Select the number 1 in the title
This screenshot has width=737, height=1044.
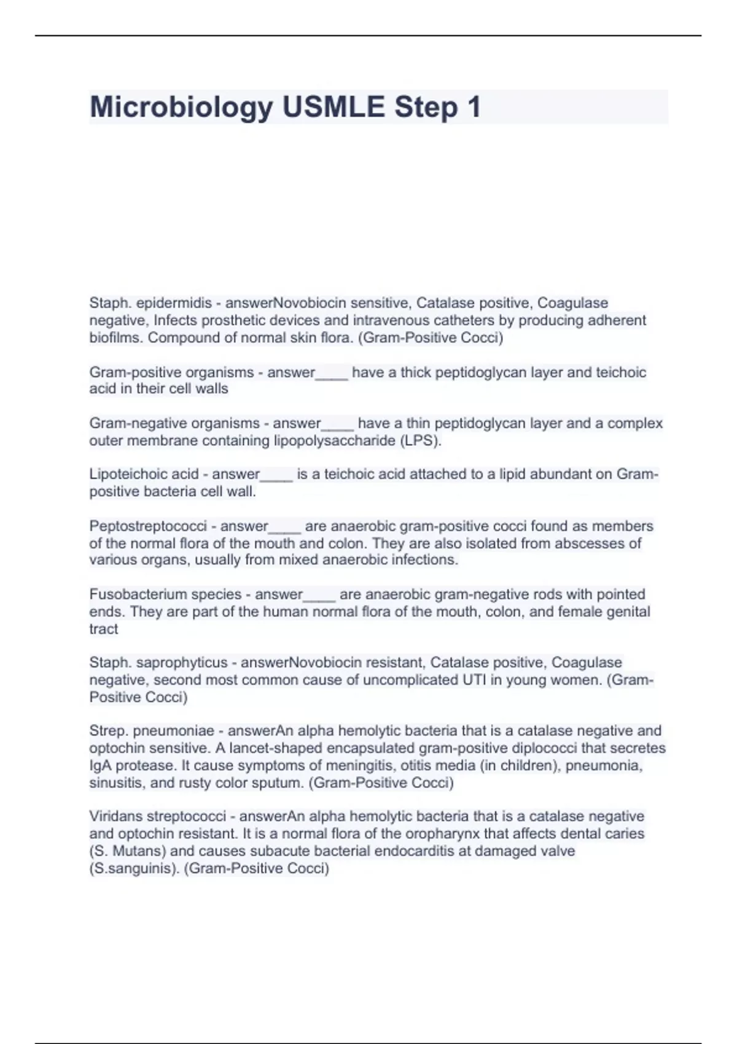(x=474, y=107)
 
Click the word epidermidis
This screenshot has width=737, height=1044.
(x=174, y=303)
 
